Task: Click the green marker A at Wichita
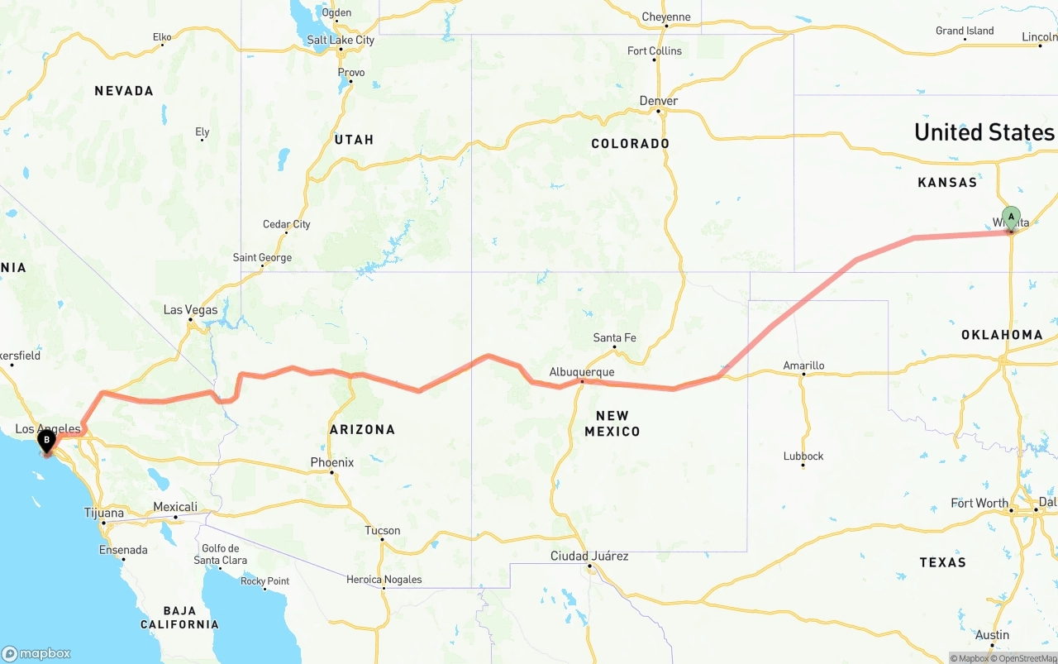(x=1010, y=218)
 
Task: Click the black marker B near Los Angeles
(x=46, y=441)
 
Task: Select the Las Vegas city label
(x=190, y=310)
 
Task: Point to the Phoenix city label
(x=331, y=462)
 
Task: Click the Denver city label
(x=659, y=101)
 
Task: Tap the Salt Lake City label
(x=341, y=40)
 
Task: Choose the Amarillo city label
(x=803, y=365)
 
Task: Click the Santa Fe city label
(x=614, y=337)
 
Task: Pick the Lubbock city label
(x=803, y=456)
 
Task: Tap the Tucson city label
(x=383, y=531)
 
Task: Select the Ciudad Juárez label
(x=589, y=556)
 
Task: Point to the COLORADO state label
(x=630, y=144)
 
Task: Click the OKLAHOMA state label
(x=1002, y=335)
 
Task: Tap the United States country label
(x=984, y=132)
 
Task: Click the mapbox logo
(x=36, y=653)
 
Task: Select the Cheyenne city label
(x=666, y=17)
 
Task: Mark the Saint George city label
(x=262, y=258)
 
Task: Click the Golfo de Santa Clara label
(x=221, y=554)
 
